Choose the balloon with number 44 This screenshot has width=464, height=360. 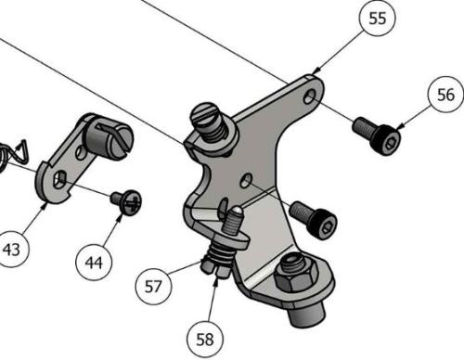(x=93, y=264)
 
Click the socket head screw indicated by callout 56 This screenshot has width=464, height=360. (x=378, y=135)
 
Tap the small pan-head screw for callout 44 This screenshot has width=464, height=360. (x=126, y=200)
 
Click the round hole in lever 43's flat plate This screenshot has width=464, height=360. (x=60, y=179)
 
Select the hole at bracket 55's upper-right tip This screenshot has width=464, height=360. (x=311, y=96)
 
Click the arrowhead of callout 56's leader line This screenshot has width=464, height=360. (x=397, y=128)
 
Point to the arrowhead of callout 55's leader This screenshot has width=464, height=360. (x=316, y=71)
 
